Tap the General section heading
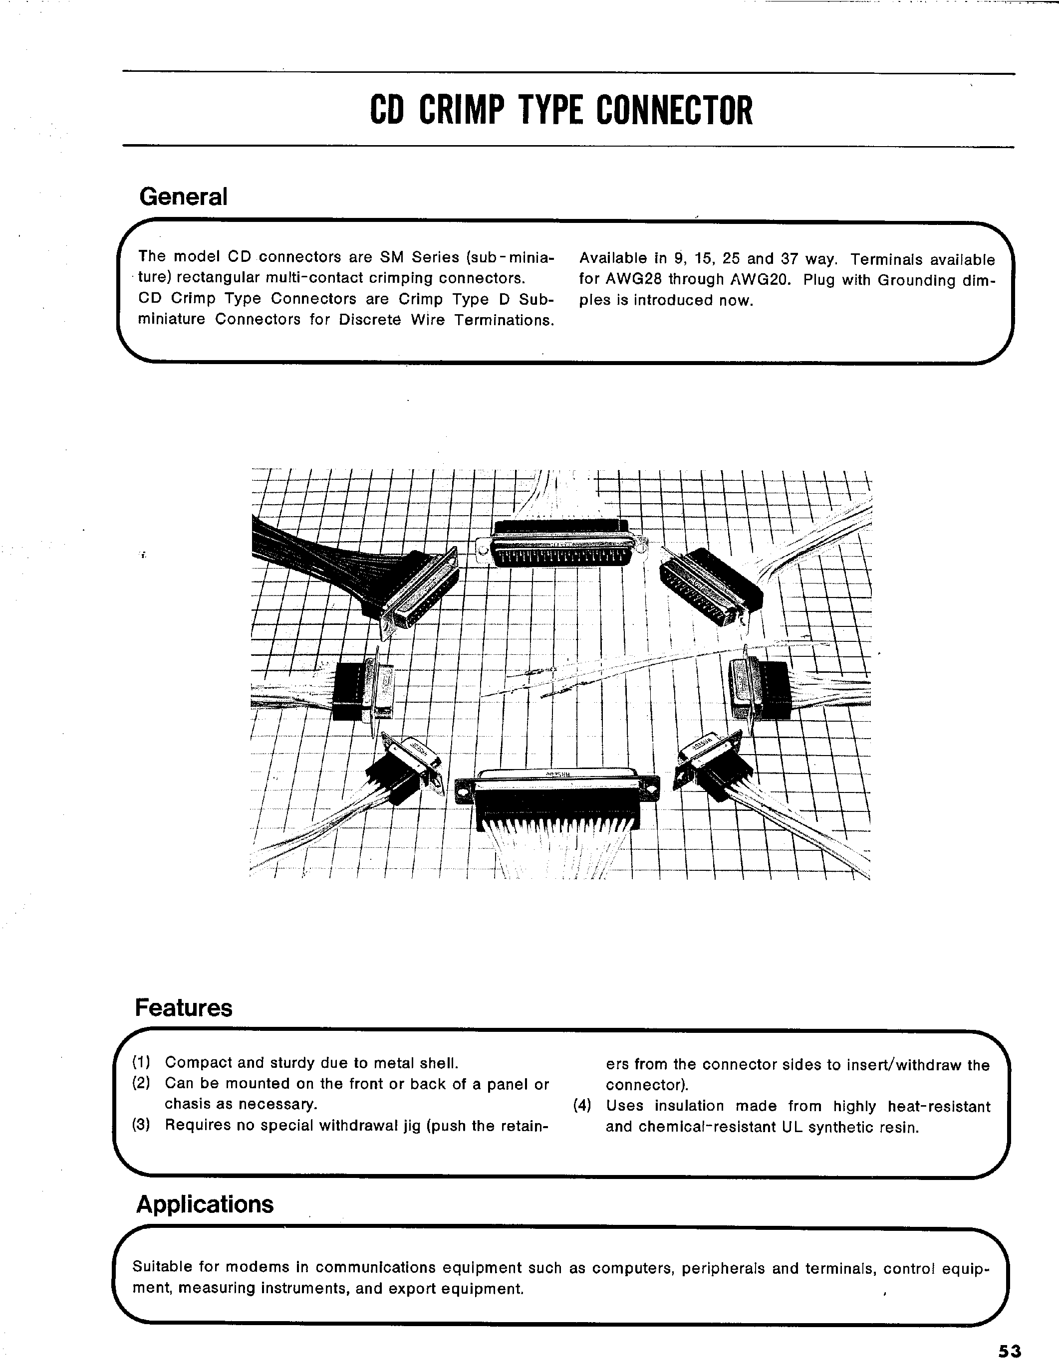pyautogui.click(x=183, y=196)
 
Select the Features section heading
pyautogui.click(x=184, y=1008)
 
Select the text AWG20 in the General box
pyautogui.click(x=761, y=280)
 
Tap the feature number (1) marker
pyautogui.click(x=141, y=1062)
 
